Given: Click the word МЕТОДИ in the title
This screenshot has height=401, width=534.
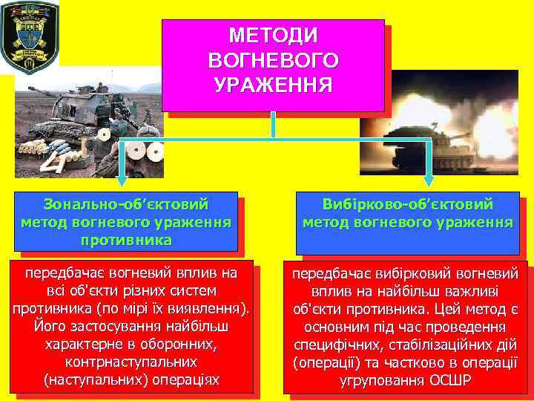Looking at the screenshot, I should [274, 35].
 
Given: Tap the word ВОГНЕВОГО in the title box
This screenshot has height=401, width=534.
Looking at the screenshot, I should [274, 59].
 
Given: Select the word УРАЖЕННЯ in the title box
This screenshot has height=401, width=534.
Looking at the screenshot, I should [274, 82].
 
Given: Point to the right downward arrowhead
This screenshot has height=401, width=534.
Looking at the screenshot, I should [430, 181].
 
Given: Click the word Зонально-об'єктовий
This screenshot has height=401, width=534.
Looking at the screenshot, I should [126, 203].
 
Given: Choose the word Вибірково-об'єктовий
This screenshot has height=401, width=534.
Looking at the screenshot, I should [407, 204].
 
